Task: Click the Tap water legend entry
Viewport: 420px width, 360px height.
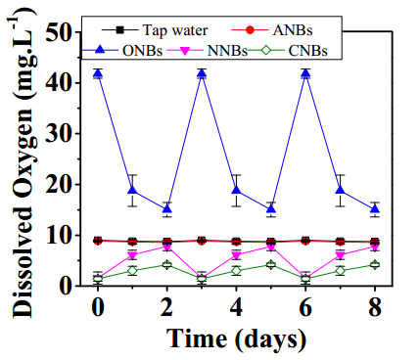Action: tap(155, 30)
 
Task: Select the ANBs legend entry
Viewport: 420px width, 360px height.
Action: tap(272, 30)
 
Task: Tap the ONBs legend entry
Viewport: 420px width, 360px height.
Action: tap(122, 51)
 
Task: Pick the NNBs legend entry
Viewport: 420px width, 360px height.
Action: tap(208, 51)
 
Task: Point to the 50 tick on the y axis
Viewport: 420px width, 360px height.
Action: tap(60, 31)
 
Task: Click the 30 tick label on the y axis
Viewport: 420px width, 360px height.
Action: tap(60, 133)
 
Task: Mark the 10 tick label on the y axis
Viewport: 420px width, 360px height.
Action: tap(60, 235)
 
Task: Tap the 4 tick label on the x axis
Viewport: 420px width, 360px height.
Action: tap(236, 307)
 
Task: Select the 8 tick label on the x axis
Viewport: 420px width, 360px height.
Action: tap(375, 307)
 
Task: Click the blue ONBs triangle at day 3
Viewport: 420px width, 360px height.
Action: tap(202, 73)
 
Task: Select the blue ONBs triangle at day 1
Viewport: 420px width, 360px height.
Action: tap(132, 190)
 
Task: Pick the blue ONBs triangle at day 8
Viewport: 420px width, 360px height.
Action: tap(375, 209)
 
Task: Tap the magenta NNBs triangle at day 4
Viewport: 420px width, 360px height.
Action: tap(236, 255)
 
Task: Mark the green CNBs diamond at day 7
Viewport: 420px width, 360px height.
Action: tap(341, 271)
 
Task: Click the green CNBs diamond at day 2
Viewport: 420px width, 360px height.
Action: tap(166, 264)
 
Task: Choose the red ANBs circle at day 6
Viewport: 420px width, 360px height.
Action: tap(305, 241)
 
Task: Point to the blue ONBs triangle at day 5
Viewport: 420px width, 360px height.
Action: tap(271, 209)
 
